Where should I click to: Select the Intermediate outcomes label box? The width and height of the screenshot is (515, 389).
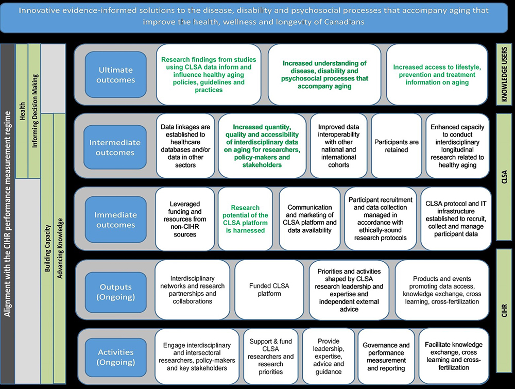click(114, 147)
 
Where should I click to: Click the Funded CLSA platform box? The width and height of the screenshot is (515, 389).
click(268, 290)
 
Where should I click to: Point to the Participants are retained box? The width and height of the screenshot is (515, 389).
click(397, 146)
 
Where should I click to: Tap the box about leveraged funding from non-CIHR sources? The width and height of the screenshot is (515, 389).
click(184, 219)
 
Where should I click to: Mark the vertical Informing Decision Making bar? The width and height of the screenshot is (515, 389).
click(35, 111)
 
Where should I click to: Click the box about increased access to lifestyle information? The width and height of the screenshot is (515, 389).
click(436, 75)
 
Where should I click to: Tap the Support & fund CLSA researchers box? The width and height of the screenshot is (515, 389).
click(271, 357)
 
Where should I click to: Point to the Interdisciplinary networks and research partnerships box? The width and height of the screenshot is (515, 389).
click(193, 290)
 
